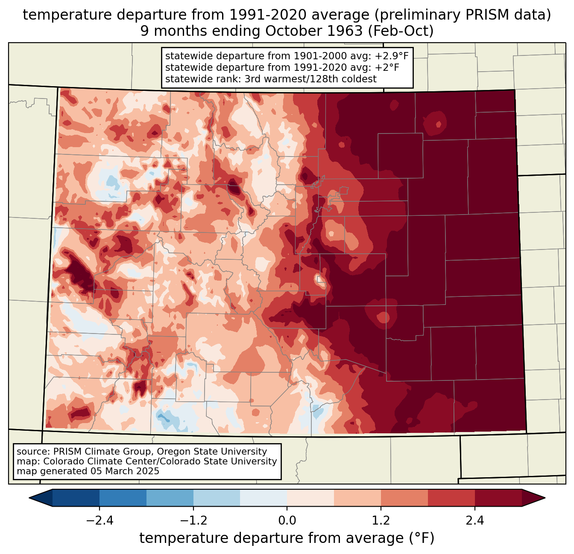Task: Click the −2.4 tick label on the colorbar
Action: pyautogui.click(x=100, y=521)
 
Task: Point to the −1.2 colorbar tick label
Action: pyautogui.click(x=193, y=521)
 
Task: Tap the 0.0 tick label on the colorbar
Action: pyautogui.click(x=287, y=521)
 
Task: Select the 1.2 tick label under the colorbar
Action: pyautogui.click(x=381, y=521)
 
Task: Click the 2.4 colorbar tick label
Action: pyautogui.click(x=475, y=521)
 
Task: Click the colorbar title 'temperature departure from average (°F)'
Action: pyautogui.click(x=287, y=538)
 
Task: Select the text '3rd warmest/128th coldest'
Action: pyautogui.click(x=310, y=79)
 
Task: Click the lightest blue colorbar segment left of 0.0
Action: pyautogui.click(x=264, y=498)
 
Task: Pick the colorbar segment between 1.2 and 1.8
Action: pyautogui.click(x=404, y=498)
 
